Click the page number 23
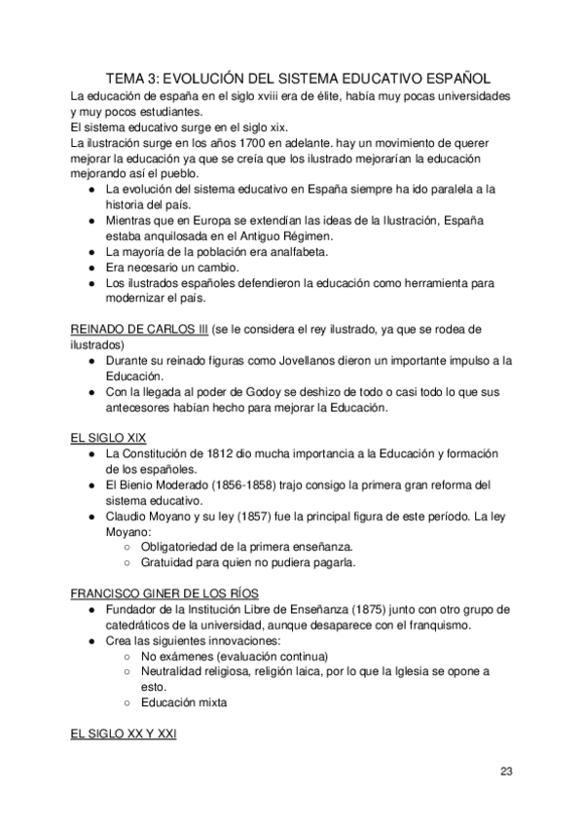pos(506,771)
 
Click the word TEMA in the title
pos(128,79)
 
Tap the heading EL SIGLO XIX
pos(109,438)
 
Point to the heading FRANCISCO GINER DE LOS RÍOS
pos(164,592)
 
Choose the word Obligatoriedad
pos(182,547)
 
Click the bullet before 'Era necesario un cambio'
pos(91,268)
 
